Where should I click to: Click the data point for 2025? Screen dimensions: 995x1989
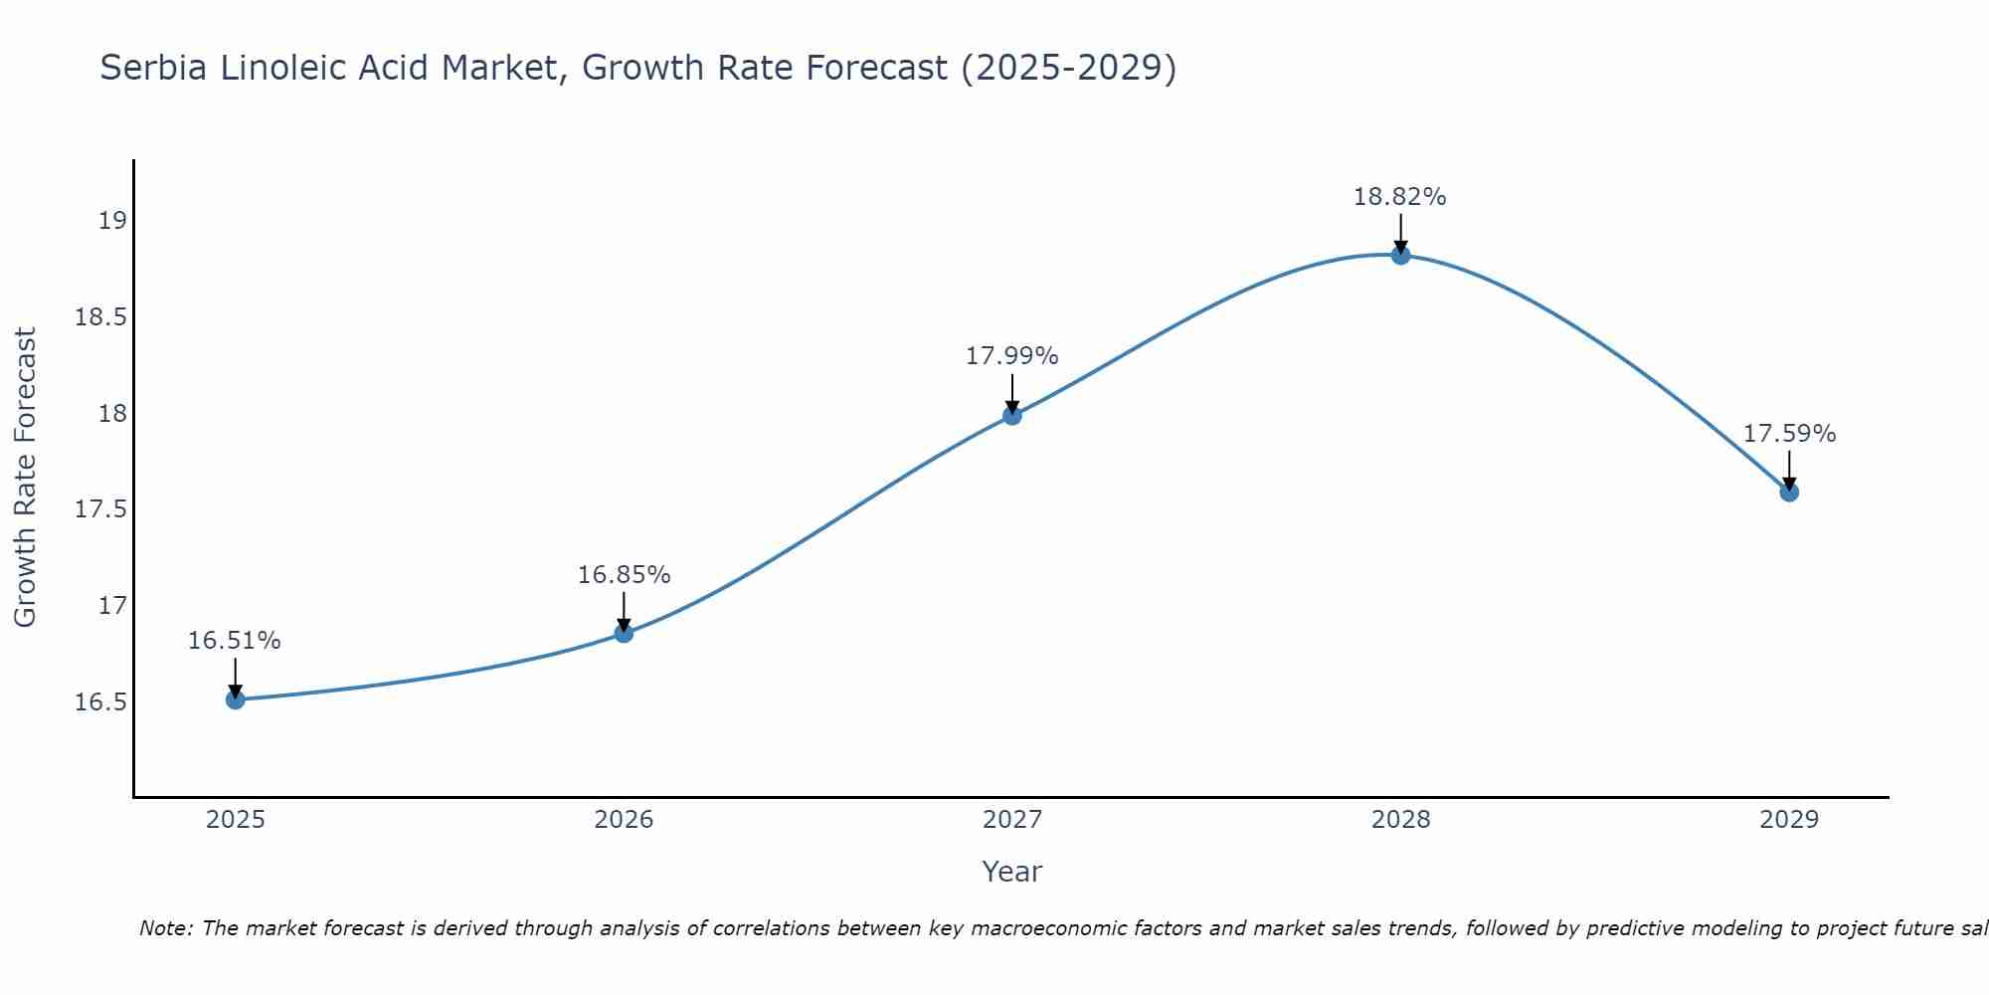[x=236, y=699]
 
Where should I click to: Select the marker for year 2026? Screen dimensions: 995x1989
[x=624, y=633]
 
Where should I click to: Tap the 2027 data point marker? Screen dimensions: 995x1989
[x=1012, y=415]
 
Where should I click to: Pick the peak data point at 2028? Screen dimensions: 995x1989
[x=1400, y=255]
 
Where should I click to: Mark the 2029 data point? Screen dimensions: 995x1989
[x=1789, y=492]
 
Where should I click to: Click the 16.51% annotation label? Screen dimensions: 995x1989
[x=235, y=641]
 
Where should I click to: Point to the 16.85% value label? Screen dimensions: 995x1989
[x=624, y=575]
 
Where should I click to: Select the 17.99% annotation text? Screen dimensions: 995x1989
[x=1012, y=356]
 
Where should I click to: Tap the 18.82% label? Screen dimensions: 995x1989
[x=1400, y=197]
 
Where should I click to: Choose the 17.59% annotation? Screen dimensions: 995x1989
[x=1789, y=434]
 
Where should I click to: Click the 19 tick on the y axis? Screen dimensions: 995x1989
[x=113, y=220]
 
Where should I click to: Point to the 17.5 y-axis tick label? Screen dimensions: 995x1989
[x=101, y=509]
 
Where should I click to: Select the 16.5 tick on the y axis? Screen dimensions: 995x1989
[x=101, y=702]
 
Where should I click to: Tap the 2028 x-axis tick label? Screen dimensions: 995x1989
[x=1400, y=820]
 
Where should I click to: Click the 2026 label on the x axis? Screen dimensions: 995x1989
[x=624, y=820]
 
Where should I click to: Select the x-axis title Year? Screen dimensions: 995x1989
[x=1012, y=872]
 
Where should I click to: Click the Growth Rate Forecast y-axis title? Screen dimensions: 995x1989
[x=26, y=478]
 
